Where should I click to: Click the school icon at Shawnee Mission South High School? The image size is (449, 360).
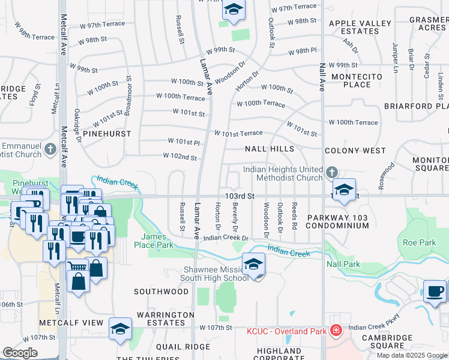254,265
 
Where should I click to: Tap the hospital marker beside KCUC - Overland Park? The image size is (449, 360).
336,331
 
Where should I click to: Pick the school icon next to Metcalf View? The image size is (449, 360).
120,329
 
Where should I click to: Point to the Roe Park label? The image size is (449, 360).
418,243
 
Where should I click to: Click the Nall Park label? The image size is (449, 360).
343,264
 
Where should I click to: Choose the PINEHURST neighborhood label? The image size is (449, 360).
106,133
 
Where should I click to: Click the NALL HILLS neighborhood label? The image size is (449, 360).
270,148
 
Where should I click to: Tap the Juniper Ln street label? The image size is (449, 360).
395,55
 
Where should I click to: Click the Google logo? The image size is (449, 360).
20,352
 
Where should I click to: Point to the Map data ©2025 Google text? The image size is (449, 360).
411,355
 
